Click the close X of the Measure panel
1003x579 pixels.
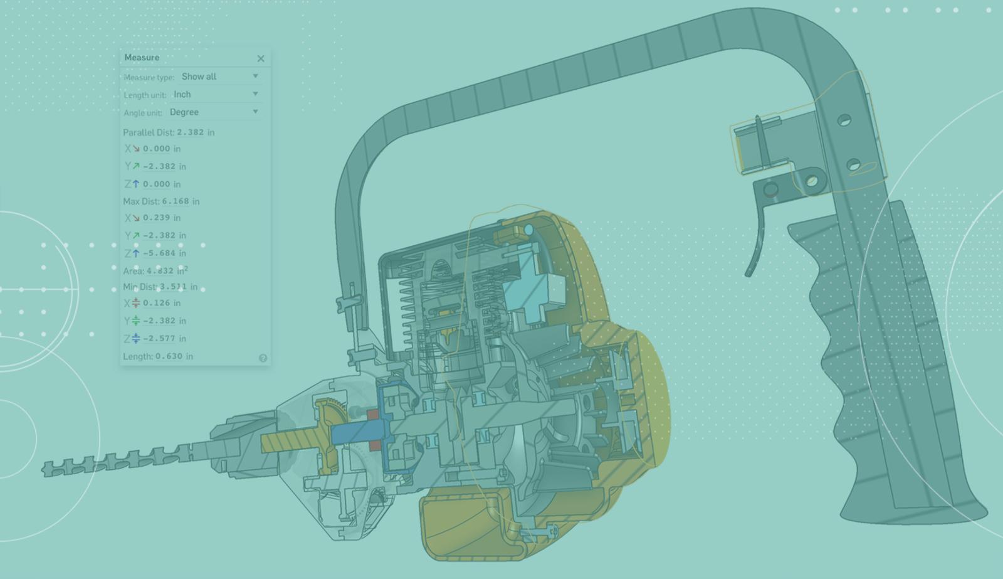click(x=261, y=58)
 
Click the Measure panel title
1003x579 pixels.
click(x=142, y=57)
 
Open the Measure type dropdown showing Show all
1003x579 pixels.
click(x=219, y=77)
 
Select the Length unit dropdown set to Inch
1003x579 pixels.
click(x=216, y=95)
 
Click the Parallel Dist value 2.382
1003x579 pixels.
click(x=191, y=132)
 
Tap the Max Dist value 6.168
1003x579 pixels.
click(x=176, y=201)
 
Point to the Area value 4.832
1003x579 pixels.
click(x=160, y=270)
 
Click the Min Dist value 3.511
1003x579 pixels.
click(x=173, y=286)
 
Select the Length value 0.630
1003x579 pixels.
click(x=169, y=356)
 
